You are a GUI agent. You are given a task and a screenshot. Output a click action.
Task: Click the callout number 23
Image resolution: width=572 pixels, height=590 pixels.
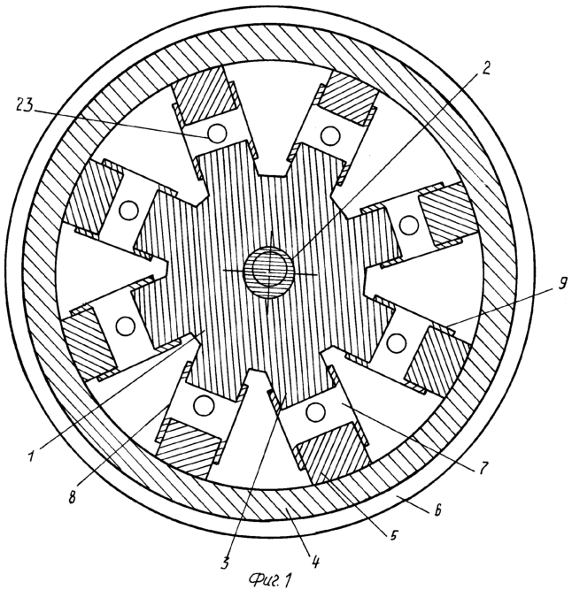coord(25,105)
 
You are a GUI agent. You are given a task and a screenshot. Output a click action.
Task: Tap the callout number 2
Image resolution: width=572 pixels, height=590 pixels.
coord(486,68)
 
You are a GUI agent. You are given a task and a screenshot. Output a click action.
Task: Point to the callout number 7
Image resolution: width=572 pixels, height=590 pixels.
coord(483,469)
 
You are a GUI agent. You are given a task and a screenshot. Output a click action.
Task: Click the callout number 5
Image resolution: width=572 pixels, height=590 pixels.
coord(393,534)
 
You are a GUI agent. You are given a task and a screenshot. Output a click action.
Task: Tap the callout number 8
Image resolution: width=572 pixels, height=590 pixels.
coord(72,497)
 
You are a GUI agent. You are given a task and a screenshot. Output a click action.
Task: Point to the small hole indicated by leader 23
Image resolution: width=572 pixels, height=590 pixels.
coord(217,133)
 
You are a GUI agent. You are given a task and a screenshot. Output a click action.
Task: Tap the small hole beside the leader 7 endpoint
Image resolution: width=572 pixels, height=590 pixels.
coord(316,411)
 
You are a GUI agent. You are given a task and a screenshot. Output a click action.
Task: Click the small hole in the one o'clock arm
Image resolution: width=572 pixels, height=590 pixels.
coord(330,134)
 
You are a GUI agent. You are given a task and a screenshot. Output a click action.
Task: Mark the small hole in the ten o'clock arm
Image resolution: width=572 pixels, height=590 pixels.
coord(128,210)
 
